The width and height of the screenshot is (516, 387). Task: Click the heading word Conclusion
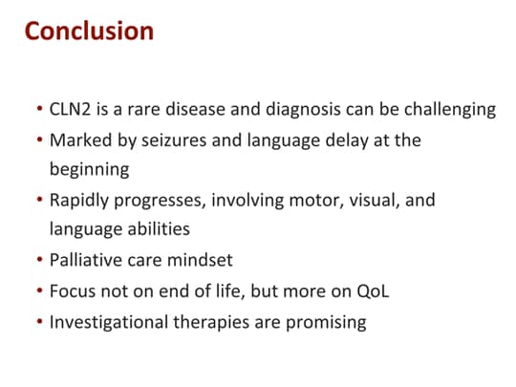point(89,31)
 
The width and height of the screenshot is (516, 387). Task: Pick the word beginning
point(89,169)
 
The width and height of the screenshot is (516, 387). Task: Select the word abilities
point(161,230)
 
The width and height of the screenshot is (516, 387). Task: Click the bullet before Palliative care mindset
point(37,261)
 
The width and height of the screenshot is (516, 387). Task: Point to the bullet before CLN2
point(37,109)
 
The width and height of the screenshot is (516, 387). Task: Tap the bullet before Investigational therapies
point(37,322)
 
